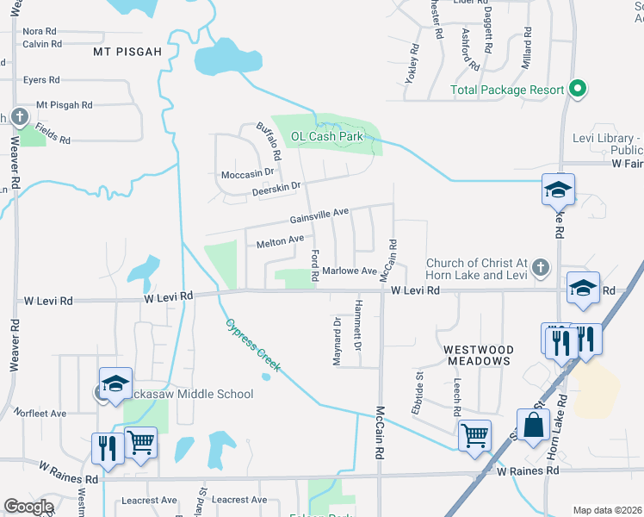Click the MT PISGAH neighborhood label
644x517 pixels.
point(127,52)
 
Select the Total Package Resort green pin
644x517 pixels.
point(579,90)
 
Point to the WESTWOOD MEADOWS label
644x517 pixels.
point(479,355)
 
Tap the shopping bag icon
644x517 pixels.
point(533,426)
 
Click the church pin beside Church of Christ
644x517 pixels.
point(540,267)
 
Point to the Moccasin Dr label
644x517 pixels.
point(247,175)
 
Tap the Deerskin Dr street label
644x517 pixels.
point(276,188)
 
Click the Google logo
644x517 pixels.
point(28,506)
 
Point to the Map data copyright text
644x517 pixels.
point(606,510)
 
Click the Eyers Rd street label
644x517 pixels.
point(41,79)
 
